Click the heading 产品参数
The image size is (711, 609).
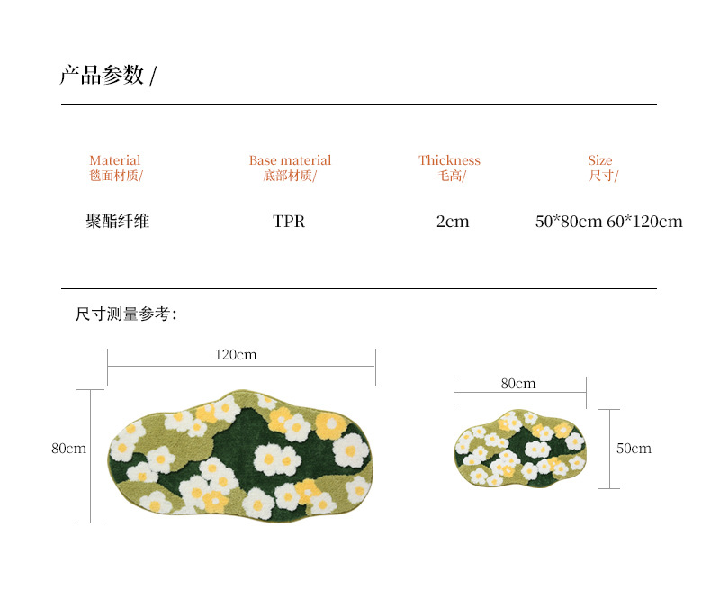(102, 76)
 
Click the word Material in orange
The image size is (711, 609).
(115, 160)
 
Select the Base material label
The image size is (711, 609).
(290, 160)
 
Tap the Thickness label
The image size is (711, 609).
(449, 160)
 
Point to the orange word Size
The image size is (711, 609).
(600, 160)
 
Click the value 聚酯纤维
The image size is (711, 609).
(117, 222)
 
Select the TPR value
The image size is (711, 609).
(289, 222)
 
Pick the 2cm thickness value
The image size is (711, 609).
(453, 222)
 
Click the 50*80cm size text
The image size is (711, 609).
(568, 222)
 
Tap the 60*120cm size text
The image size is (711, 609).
(644, 222)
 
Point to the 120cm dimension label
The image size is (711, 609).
(236, 355)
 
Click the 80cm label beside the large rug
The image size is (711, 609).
(68, 449)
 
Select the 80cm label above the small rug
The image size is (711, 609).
(518, 384)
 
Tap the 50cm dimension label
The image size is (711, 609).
(634, 449)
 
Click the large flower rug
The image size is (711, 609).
(240, 454)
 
